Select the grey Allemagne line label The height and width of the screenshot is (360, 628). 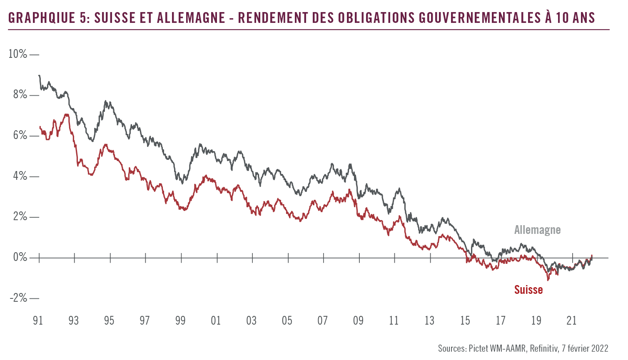(537, 230)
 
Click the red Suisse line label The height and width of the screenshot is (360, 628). (528, 290)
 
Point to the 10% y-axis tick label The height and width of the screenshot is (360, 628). (18, 54)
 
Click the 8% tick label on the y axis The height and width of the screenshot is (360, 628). (20, 95)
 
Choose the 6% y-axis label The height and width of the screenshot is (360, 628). (20, 136)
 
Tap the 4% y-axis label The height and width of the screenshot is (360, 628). (20, 176)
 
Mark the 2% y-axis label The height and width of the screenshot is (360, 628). (20, 217)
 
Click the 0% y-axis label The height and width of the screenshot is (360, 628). (20, 258)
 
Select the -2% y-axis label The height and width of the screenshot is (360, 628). (18, 298)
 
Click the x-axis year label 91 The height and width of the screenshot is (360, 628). (38, 320)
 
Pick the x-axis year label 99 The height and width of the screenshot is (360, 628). (180, 320)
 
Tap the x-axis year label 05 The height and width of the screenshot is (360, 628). (287, 320)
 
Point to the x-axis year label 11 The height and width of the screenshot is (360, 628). (394, 320)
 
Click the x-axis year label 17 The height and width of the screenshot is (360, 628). (501, 320)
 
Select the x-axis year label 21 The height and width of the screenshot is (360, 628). (572, 320)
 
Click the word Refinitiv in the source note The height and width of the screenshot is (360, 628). (543, 348)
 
